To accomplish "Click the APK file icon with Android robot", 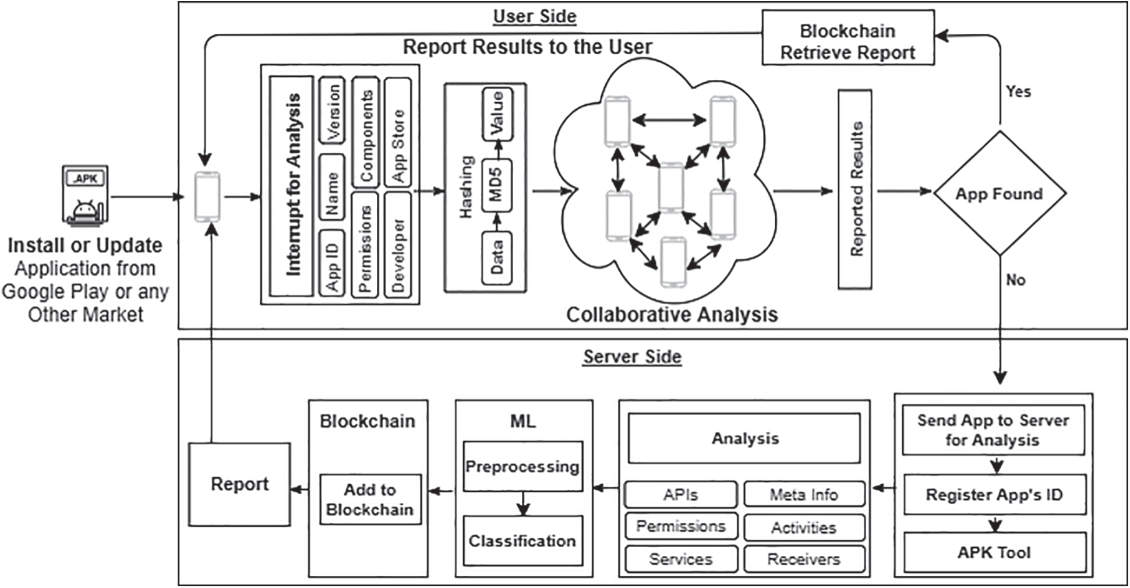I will pyautogui.click(x=85, y=196).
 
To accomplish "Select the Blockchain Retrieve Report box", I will pyautogui.click(x=848, y=41).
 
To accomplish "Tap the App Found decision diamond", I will pyautogui.click(x=999, y=193).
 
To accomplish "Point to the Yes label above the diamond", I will pyautogui.click(x=1018, y=91).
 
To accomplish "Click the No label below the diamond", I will pyautogui.click(x=1015, y=280).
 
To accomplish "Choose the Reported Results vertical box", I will pyautogui.click(x=855, y=189).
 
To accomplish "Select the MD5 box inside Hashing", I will pyautogui.click(x=496, y=185).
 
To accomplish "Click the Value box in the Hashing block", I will pyautogui.click(x=497, y=114).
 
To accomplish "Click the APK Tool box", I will pyautogui.click(x=994, y=552).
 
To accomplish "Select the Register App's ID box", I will pyautogui.click(x=994, y=495).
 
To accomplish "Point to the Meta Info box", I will pyautogui.click(x=804, y=495).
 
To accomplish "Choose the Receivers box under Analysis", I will pyautogui.click(x=804, y=559).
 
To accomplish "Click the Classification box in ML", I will pyautogui.click(x=522, y=541).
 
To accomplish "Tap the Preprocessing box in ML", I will pyautogui.click(x=522, y=467).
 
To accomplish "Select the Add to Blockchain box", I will pyautogui.click(x=370, y=499).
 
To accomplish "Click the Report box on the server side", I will pyautogui.click(x=239, y=484).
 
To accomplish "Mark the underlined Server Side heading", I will pyautogui.click(x=632, y=357).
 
